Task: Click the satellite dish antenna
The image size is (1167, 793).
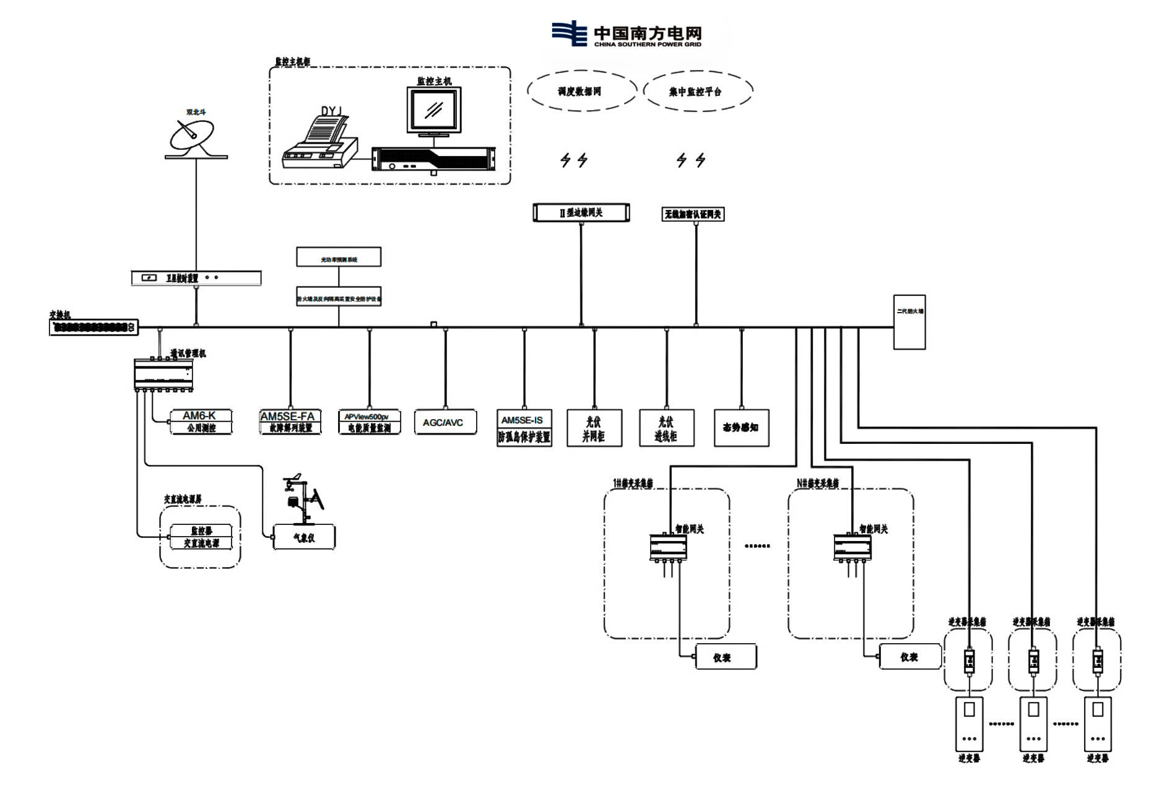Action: pos(193,137)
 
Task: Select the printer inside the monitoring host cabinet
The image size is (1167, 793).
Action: pos(319,141)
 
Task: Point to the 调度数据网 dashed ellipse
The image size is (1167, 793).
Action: pos(581,91)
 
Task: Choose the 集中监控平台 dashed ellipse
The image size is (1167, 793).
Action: pos(697,91)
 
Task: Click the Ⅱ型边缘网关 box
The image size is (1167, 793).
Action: pos(581,212)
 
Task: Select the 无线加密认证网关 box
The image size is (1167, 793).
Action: pos(693,214)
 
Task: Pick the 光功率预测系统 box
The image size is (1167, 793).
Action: pos(339,258)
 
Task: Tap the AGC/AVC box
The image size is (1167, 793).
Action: pos(445,423)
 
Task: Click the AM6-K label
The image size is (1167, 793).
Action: pos(199,415)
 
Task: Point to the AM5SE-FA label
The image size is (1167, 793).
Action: pos(288,416)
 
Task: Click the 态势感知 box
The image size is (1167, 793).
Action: pos(741,428)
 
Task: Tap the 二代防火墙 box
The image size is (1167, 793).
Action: pos(909,322)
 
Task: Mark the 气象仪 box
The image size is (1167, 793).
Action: pos(304,537)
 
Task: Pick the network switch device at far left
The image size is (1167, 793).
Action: pos(93,327)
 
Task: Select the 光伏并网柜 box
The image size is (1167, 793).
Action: pos(594,428)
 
